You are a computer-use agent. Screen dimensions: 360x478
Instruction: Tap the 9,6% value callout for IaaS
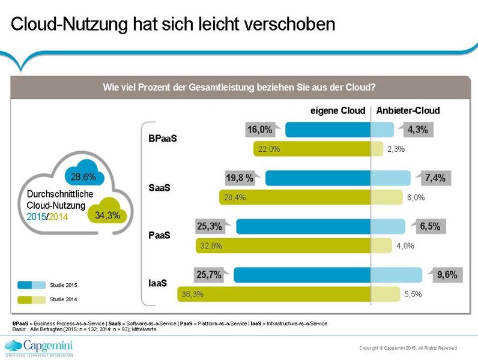coord(447,275)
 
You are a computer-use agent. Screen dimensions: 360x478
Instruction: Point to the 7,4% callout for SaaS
coord(434,178)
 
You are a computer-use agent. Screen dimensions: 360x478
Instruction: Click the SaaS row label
coord(159,188)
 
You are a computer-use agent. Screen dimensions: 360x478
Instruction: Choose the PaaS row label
coord(159,235)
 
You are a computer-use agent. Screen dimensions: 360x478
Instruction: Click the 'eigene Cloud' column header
coord(337,110)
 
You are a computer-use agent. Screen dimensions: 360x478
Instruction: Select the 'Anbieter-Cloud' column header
coord(408,110)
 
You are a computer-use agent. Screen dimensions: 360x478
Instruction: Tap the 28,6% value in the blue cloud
coord(83,178)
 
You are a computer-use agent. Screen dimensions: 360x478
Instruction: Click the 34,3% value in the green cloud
coord(107,215)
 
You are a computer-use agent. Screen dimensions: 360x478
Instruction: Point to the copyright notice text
coord(407,348)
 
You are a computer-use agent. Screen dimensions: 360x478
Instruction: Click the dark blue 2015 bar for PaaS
coord(303,226)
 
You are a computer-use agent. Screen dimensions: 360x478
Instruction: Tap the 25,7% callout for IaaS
coord(209,275)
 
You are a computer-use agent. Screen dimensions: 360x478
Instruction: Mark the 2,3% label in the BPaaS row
coord(396,149)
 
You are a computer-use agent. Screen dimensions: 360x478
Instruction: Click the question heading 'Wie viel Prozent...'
coord(239,86)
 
